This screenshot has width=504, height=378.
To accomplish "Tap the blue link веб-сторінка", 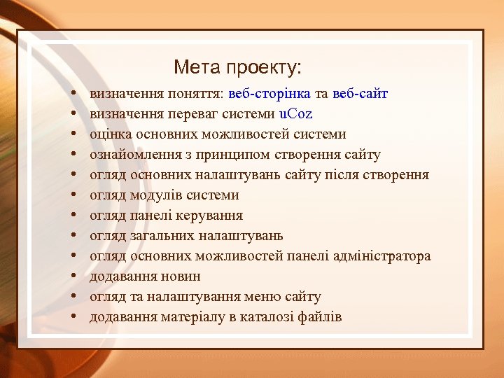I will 269,94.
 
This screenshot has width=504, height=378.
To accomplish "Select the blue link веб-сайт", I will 360,94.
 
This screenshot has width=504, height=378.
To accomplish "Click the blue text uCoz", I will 295,114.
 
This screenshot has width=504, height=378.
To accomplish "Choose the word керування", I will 212,216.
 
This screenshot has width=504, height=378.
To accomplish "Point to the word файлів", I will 319,317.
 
